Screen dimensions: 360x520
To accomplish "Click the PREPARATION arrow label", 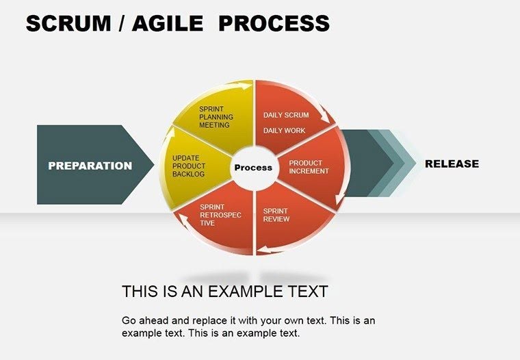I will click(90, 166).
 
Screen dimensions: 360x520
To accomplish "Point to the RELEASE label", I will click(452, 164).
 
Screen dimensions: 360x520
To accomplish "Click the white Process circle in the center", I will click(253, 168).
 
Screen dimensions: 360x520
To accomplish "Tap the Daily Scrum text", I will click(286, 115).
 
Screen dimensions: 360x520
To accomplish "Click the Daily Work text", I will click(285, 131).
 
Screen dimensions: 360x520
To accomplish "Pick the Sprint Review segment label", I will click(276, 215).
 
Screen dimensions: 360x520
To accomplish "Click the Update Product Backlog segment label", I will click(189, 166).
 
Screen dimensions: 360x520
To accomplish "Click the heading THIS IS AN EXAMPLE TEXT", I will click(224, 292).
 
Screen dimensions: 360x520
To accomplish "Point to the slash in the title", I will click(121, 24).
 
